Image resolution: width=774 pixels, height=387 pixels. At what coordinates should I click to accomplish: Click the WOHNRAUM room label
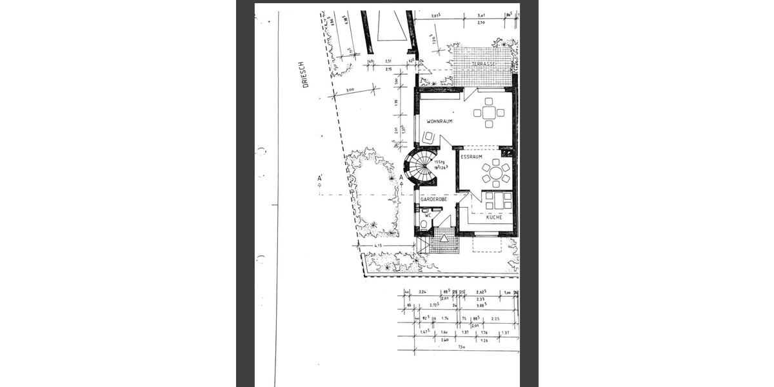tap(439, 121)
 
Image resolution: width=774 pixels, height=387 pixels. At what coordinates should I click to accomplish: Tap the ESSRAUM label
tap(472, 156)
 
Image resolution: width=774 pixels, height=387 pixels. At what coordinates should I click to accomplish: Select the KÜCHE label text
tap(494, 217)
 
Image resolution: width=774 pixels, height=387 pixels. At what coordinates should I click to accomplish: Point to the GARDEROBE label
tap(433, 200)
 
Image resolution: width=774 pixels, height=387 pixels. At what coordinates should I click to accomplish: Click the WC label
tap(419, 215)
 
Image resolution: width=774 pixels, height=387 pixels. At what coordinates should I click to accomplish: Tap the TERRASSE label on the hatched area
tap(482, 65)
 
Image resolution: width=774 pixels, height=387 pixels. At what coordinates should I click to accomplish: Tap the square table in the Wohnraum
tap(489, 112)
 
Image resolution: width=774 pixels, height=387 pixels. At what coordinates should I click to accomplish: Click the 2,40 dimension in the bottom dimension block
tap(444, 340)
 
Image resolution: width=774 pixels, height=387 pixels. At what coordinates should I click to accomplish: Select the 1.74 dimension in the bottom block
tap(445, 319)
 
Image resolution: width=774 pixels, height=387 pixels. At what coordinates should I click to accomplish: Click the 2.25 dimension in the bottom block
tap(495, 319)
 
